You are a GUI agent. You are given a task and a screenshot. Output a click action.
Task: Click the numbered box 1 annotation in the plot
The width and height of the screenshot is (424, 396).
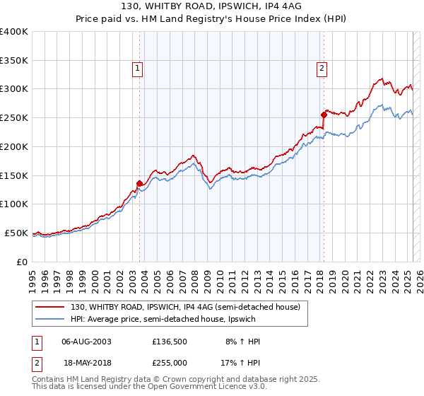coord(137,69)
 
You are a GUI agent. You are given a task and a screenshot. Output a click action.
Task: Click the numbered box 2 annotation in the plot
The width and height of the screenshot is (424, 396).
coord(322,69)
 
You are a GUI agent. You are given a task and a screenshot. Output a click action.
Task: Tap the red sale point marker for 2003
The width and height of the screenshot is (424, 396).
coord(139,183)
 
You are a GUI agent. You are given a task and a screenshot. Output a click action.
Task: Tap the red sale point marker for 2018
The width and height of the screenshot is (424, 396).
coord(324,114)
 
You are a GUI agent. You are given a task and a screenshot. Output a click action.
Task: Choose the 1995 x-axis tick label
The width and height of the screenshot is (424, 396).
coord(33,275)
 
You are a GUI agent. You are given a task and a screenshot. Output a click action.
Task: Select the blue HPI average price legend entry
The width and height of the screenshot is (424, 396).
coord(170,319)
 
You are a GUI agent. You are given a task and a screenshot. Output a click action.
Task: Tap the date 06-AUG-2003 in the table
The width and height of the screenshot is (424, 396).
coord(87,342)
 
